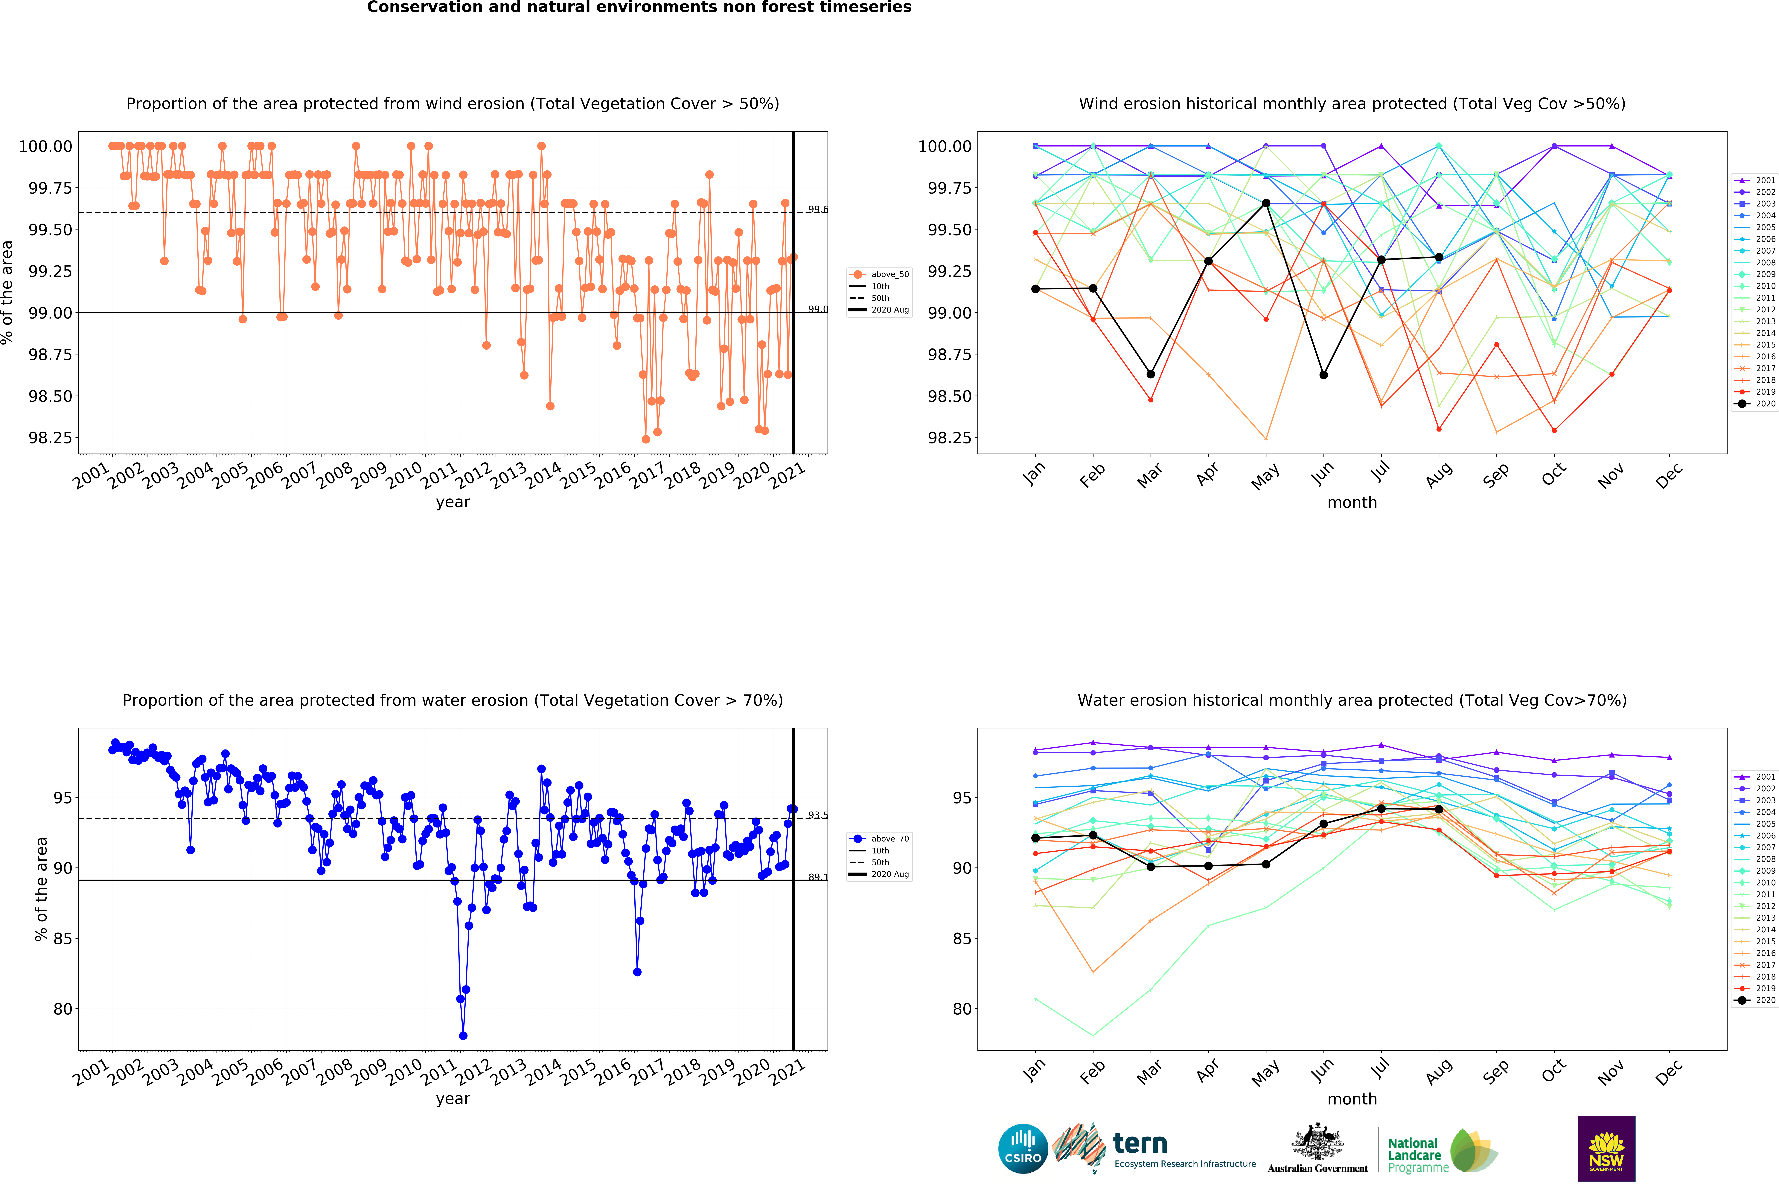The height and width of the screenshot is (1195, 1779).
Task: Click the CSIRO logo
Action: click(1023, 1148)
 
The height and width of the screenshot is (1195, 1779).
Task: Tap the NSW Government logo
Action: click(1606, 1148)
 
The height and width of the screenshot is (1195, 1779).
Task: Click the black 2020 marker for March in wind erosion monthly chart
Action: click(1151, 374)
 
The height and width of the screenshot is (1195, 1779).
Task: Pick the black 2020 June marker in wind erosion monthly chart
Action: click(1324, 375)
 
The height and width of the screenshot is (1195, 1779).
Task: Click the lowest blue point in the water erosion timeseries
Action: click(463, 1036)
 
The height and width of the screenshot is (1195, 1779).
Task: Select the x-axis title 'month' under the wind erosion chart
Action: click(1352, 502)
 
